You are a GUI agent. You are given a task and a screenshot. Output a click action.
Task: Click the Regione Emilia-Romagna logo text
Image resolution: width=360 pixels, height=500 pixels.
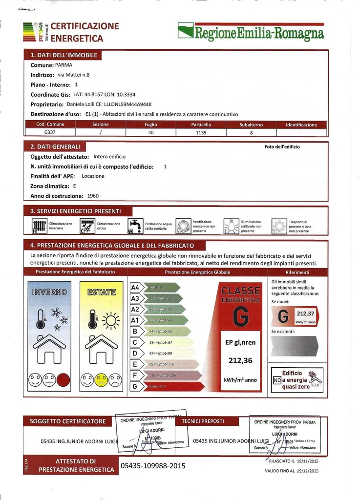[x=259, y=33]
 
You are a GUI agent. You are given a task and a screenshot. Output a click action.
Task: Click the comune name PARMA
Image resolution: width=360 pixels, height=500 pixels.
[x=64, y=65]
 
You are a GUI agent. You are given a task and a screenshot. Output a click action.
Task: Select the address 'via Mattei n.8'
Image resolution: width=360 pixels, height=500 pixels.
[x=74, y=75]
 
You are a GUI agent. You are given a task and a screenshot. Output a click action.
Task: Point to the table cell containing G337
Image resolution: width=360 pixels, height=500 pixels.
[x=50, y=132]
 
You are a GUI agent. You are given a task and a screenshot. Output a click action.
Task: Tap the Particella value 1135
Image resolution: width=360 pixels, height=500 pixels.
[x=201, y=132]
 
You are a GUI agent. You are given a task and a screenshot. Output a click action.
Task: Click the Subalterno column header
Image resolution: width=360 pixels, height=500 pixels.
[x=251, y=125]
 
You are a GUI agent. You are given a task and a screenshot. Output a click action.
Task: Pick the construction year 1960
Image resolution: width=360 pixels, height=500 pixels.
[x=93, y=196]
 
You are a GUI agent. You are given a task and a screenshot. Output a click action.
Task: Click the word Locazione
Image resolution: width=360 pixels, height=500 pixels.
[x=93, y=176]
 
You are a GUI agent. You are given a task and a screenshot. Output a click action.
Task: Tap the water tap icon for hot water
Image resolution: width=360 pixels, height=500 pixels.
[x=135, y=226]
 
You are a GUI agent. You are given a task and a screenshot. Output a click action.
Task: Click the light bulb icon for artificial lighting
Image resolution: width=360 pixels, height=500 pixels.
[x=231, y=226]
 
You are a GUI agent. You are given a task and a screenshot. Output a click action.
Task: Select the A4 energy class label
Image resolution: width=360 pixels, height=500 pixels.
[x=135, y=288]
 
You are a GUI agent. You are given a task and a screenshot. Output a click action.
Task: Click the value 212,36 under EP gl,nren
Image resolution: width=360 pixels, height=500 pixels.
[x=240, y=361]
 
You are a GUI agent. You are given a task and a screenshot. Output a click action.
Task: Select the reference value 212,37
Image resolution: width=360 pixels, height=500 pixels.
[x=305, y=313]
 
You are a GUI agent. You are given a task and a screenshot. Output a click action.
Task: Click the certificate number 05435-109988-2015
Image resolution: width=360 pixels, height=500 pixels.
[x=153, y=466]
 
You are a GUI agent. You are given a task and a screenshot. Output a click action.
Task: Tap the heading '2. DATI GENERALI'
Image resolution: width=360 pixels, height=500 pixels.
[x=55, y=146]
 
